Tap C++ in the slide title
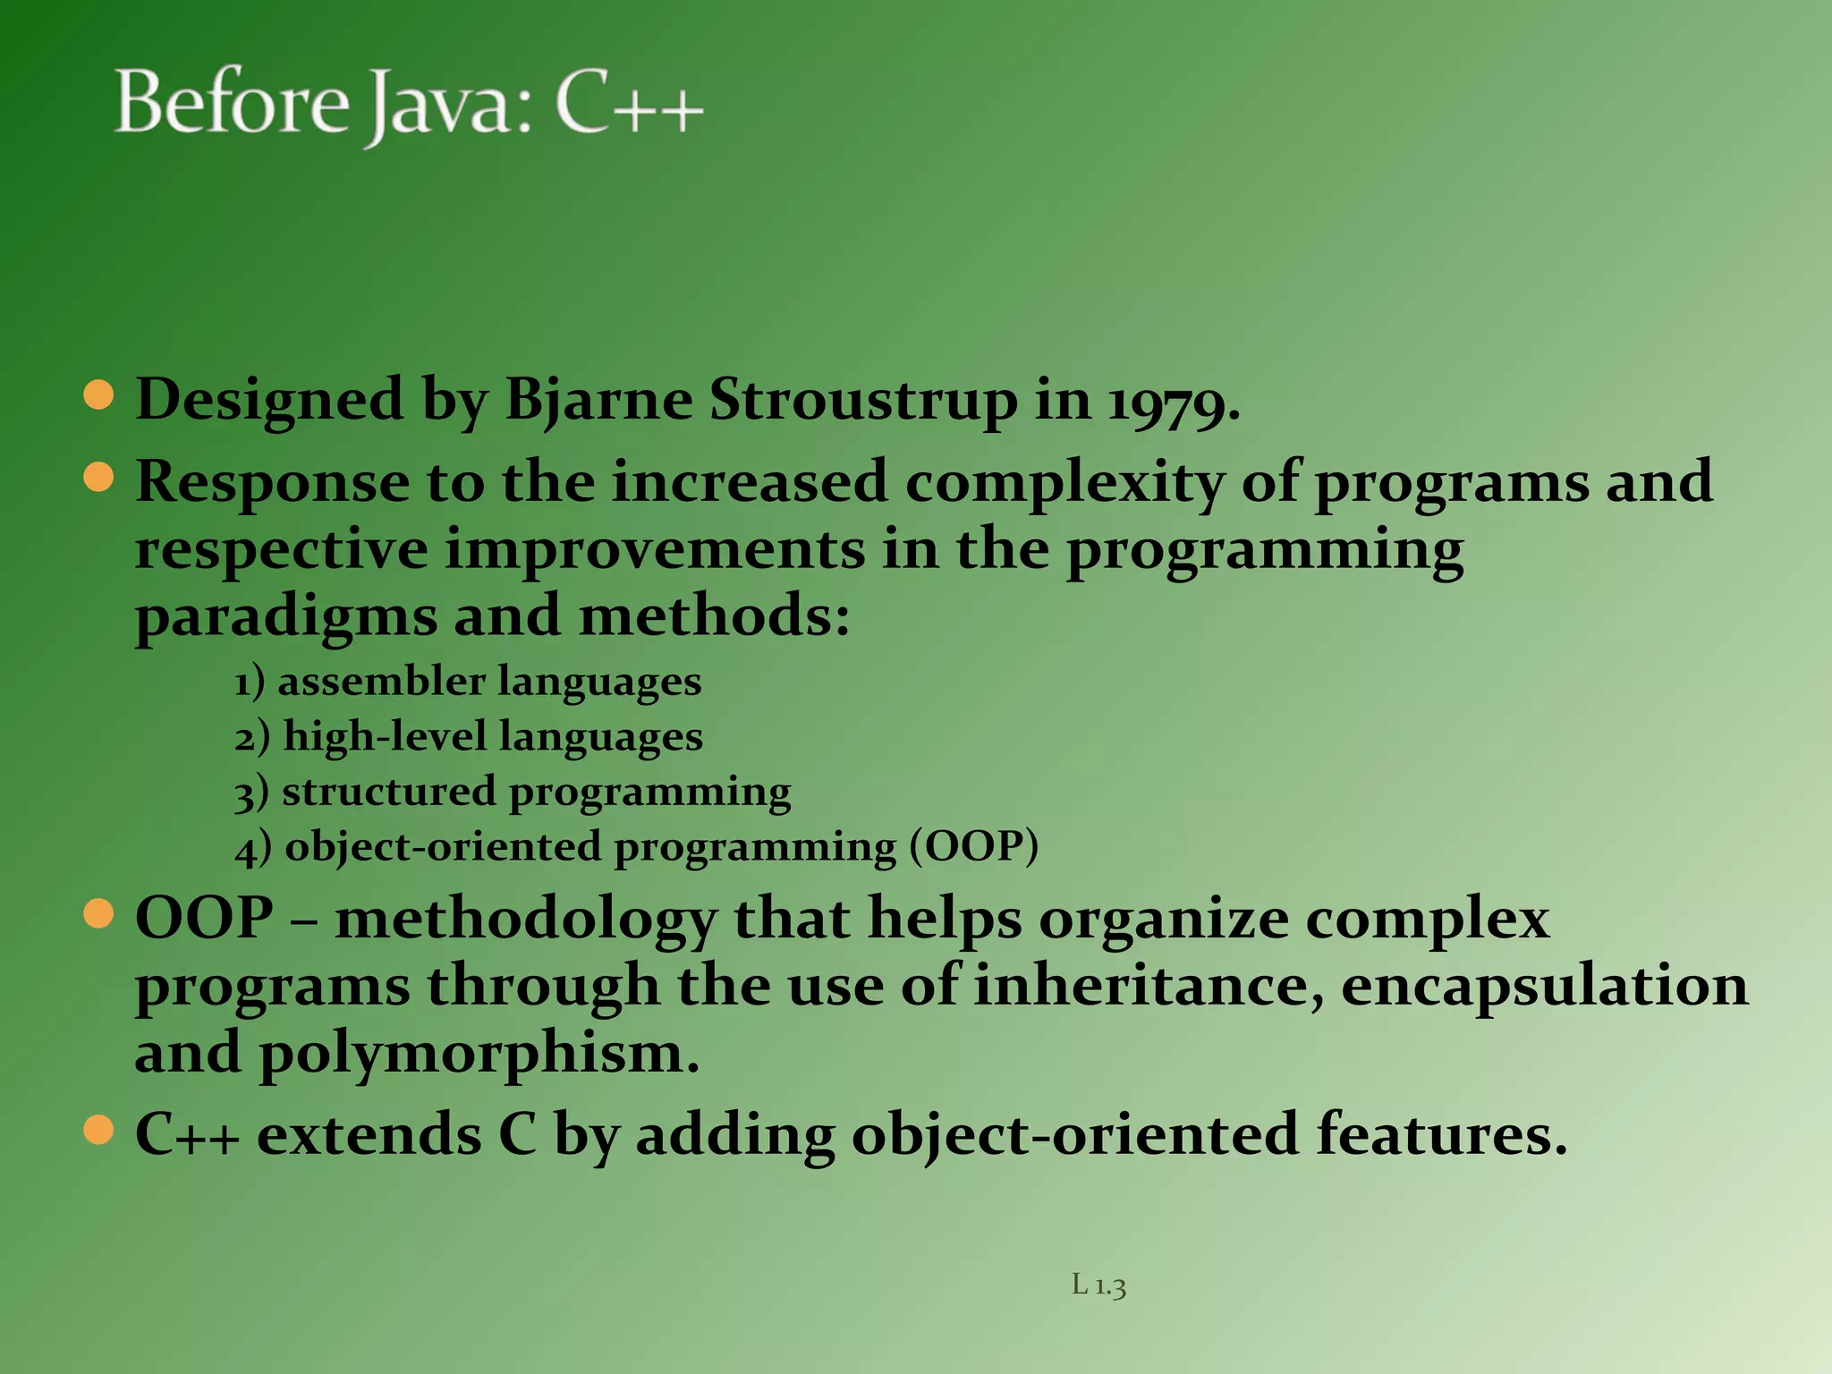coord(629,106)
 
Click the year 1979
coord(1173,401)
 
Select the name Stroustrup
coord(863,401)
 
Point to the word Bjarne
coord(598,401)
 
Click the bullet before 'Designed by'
coord(98,394)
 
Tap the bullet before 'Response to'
coord(98,477)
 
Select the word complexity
coord(1064,483)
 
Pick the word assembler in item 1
coord(381,682)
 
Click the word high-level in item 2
coord(385,736)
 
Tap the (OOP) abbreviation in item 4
coord(974,846)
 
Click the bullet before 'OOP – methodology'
coord(98,913)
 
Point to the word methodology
coord(526,920)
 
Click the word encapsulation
coord(1544,986)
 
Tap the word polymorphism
coord(479,1054)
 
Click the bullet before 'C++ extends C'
coord(98,1129)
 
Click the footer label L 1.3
coord(1098,1285)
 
